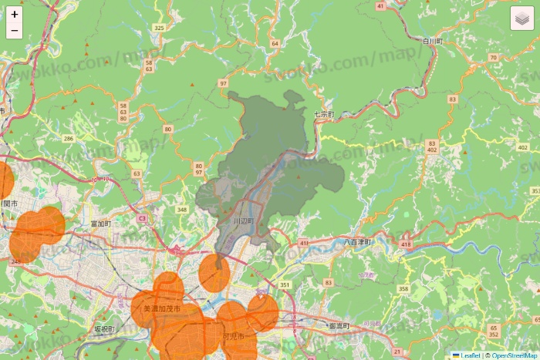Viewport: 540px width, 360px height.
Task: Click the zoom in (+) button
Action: pyautogui.click(x=15, y=14)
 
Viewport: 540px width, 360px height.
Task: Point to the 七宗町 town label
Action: pyautogui.click(x=324, y=114)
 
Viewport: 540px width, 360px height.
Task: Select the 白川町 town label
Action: pyautogui.click(x=432, y=40)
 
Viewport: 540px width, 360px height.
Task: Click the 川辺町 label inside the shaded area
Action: pyautogui.click(x=244, y=221)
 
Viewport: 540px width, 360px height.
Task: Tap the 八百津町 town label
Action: pyautogui.click(x=358, y=242)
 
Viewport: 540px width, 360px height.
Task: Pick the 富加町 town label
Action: pyautogui.click(x=101, y=224)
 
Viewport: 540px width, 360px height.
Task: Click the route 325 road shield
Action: pyautogui.click(x=160, y=28)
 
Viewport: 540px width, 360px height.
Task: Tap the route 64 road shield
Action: pyautogui.click(x=275, y=43)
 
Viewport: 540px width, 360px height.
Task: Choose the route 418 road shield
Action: pyautogui.click(x=406, y=244)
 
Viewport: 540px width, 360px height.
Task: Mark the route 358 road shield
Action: pyautogui.click(x=403, y=288)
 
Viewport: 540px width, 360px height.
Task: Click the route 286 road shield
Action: pyautogui.click(x=69, y=139)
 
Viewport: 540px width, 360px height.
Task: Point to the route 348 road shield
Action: pyautogui.click(x=182, y=210)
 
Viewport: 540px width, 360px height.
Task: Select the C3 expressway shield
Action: pyautogui.click(x=142, y=219)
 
